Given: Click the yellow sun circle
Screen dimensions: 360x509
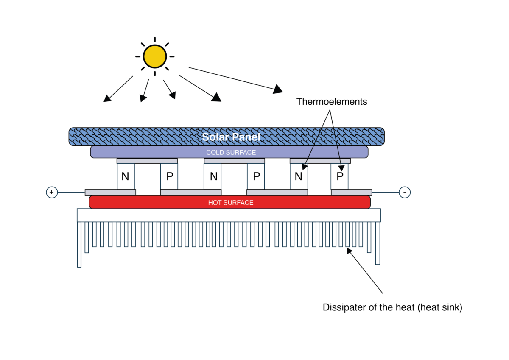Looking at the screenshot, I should tap(154, 56).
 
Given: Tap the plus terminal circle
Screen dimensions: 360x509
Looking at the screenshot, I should tap(52, 193).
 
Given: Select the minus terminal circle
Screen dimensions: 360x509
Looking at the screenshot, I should tap(405, 193).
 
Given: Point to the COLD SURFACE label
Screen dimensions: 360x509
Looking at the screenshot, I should tap(231, 152).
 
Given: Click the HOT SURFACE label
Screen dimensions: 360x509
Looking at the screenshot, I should tap(231, 203).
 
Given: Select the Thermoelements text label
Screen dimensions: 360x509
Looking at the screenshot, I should tap(331, 102).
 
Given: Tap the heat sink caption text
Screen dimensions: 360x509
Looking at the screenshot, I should tap(392, 307).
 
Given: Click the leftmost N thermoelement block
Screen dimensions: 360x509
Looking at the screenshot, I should tap(126, 176).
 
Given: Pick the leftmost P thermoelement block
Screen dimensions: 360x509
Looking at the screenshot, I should tap(169, 176).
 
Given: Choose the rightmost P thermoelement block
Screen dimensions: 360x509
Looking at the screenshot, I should tap(340, 176).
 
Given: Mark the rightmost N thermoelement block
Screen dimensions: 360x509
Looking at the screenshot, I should tap(299, 176).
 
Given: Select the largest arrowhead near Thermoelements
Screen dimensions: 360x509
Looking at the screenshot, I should tap(278, 89).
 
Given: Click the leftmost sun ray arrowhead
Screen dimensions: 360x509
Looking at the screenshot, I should tap(107, 99).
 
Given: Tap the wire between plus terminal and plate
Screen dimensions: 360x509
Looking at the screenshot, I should tap(71, 193).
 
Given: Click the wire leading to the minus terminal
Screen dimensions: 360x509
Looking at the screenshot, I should tap(385, 193).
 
